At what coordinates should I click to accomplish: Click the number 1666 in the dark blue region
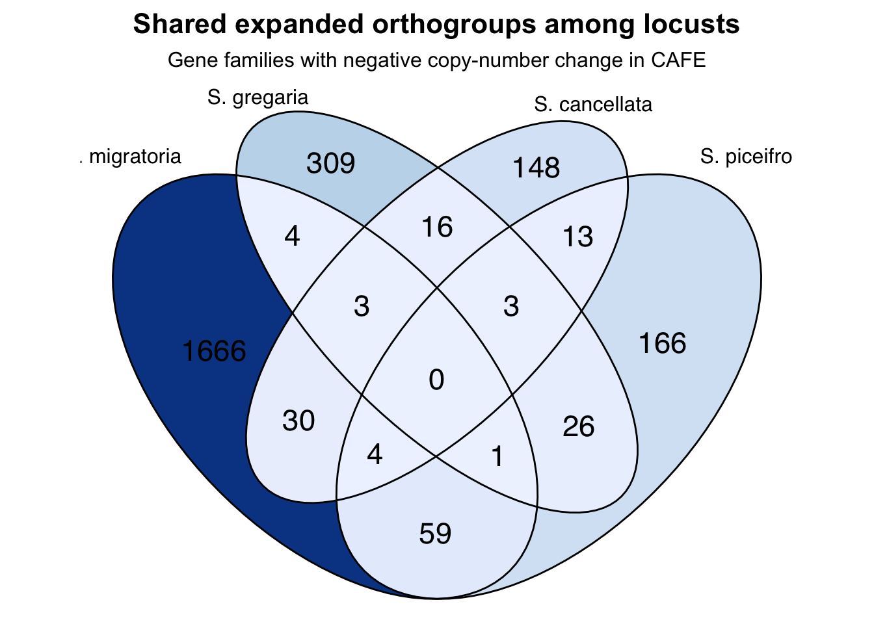pyautogui.click(x=214, y=352)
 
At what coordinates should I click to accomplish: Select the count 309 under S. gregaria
pyautogui.click(x=330, y=163)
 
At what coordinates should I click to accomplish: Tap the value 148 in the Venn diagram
pyautogui.click(x=536, y=168)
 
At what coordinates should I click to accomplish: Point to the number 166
pyautogui.click(x=662, y=343)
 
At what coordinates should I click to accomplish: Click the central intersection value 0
pyautogui.click(x=436, y=380)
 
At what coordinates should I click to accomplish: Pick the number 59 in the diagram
pyautogui.click(x=435, y=534)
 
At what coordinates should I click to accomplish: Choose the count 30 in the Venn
pyautogui.click(x=298, y=421)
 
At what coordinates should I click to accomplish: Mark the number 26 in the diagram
pyautogui.click(x=579, y=426)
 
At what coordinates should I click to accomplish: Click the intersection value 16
pyautogui.click(x=437, y=227)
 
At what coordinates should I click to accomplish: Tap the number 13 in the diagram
pyautogui.click(x=578, y=237)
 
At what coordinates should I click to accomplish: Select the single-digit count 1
pyautogui.click(x=497, y=457)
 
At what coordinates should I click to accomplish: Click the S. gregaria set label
pyautogui.click(x=258, y=97)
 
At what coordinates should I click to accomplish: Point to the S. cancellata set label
pyautogui.click(x=593, y=105)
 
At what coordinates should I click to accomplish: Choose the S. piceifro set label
pyautogui.click(x=747, y=157)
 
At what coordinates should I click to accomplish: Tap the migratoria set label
pyautogui.click(x=134, y=157)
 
